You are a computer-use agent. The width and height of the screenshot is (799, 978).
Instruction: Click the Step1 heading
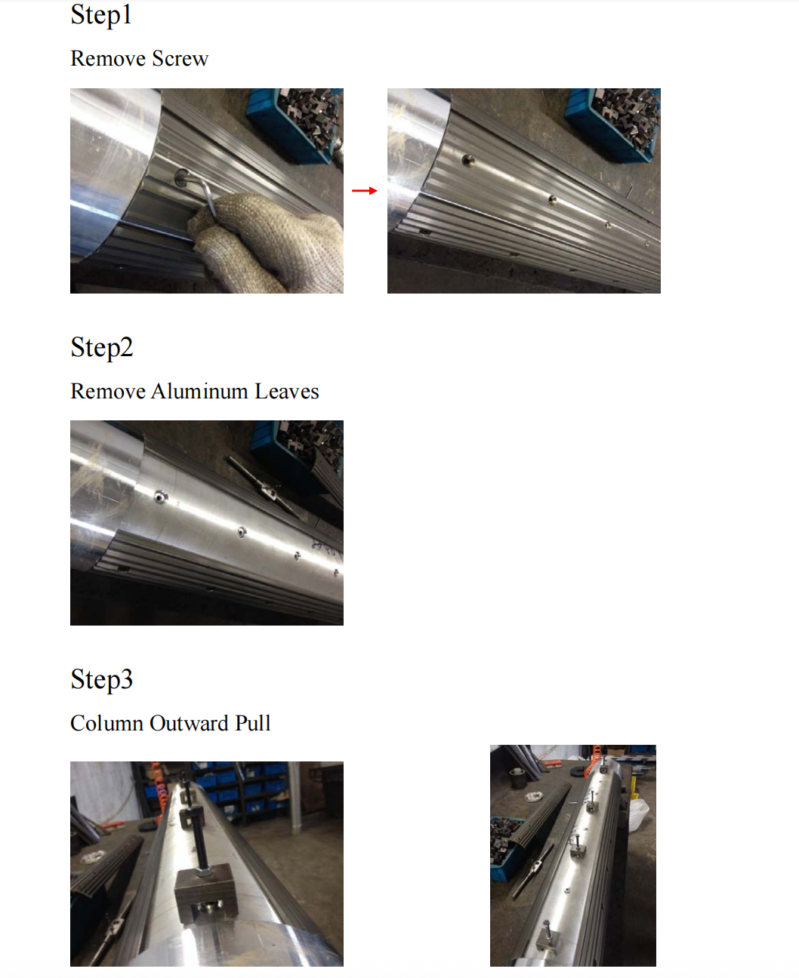pos(101,15)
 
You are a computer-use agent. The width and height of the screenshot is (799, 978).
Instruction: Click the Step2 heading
pos(102,348)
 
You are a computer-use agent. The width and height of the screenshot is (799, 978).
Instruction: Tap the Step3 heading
pos(102,680)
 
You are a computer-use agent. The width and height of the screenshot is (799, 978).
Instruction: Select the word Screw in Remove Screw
pos(180,59)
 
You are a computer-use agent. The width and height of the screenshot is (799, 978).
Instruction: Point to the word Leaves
pos(287,392)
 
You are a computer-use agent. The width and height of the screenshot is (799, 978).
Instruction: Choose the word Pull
pos(253,724)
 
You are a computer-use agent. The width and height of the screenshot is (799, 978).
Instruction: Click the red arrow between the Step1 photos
pos(365,191)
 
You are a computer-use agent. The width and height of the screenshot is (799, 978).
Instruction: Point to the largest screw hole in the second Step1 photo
pos(468,161)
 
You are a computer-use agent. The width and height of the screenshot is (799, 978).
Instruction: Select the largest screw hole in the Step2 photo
pos(161,497)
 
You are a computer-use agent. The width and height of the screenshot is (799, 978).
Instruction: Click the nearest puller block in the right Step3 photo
pos(547,941)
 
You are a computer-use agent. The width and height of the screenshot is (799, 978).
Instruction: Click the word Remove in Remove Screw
pos(108,59)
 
